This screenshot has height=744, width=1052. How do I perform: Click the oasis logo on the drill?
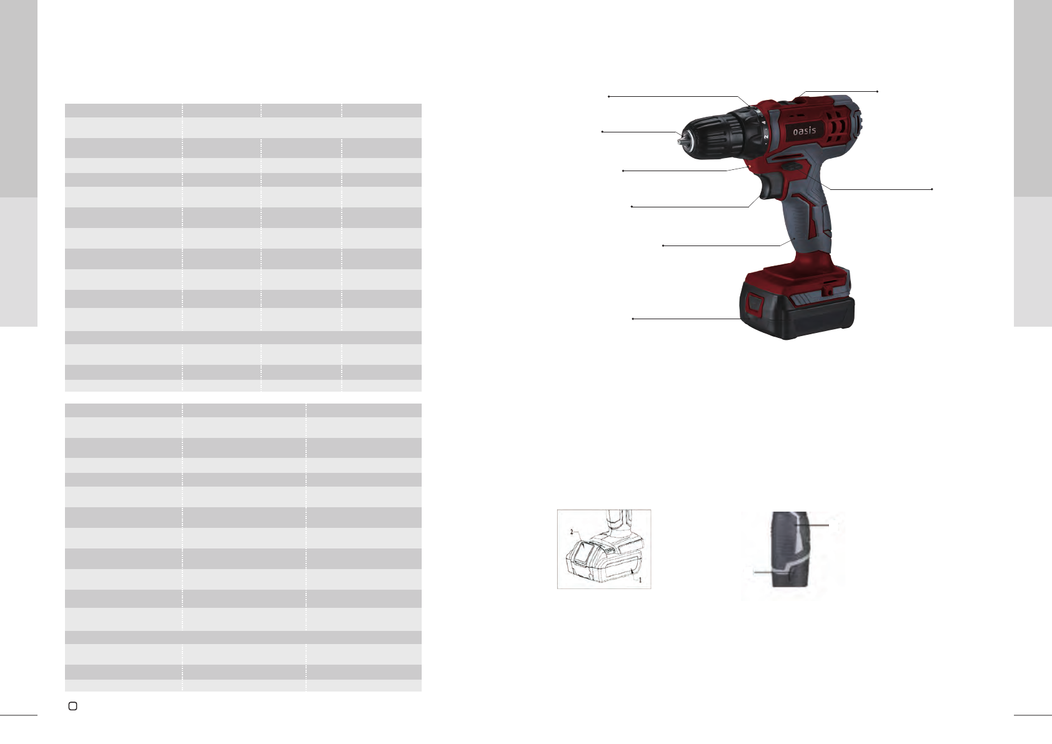805,131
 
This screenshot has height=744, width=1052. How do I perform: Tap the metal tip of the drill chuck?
680,139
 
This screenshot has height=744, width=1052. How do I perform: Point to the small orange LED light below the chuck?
750,166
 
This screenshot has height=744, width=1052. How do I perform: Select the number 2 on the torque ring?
765,136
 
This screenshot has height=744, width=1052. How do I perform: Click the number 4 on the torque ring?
764,122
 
